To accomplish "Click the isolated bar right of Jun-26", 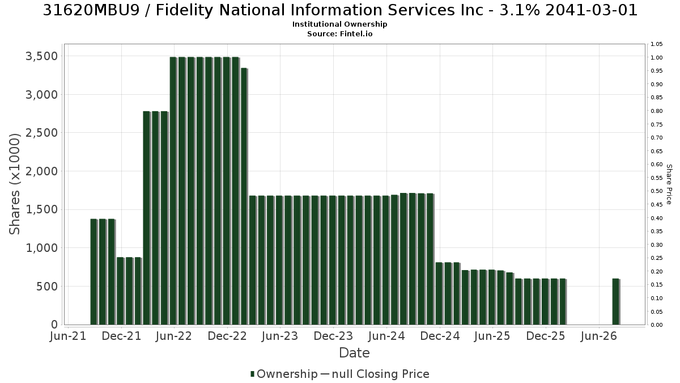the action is (x=616, y=301).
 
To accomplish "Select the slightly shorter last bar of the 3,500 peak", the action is (x=244, y=196).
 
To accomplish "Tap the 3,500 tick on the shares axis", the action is (x=41, y=56).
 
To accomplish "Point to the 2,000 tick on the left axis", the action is (x=41, y=171).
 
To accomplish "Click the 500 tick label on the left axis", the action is (x=47, y=287).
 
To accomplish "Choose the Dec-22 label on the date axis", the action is (x=227, y=336).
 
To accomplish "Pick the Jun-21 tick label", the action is (x=69, y=336).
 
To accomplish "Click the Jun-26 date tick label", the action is (x=599, y=336).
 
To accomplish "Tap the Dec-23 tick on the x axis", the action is (x=333, y=336).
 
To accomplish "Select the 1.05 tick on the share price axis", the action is (x=657, y=44).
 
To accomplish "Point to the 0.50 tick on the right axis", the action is (x=657, y=191).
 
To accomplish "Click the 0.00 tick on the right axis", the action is (x=657, y=325).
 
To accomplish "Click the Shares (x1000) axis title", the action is (x=14, y=184).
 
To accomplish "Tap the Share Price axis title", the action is (x=669, y=184).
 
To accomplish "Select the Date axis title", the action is (x=354, y=353).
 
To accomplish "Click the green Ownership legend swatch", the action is (x=252, y=374).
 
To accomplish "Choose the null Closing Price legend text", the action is (x=381, y=374).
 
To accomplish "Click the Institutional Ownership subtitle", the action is (x=339, y=24).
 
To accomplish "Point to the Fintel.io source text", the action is (x=356, y=33).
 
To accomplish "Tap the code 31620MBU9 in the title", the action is (x=91, y=10).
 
